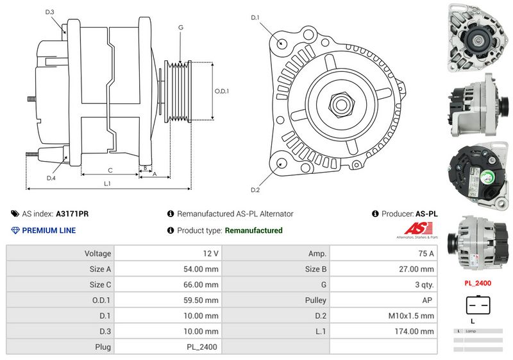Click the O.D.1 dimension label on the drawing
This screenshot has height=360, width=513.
coord(221,91)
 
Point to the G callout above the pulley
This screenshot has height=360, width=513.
coord(181,28)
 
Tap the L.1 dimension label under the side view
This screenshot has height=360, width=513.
coord(108,184)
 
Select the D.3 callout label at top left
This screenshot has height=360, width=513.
coord(50,12)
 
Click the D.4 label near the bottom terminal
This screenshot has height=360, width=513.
coord(51,178)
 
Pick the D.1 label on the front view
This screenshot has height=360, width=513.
coord(255,17)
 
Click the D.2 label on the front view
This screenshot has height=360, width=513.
coord(255,190)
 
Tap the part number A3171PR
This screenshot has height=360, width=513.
coord(72,214)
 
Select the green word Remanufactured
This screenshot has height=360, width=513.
coord(254,230)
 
